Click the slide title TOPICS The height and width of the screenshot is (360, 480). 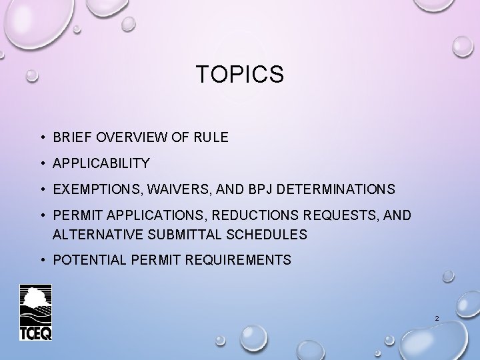tap(240, 75)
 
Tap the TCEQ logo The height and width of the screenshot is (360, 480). tap(35, 312)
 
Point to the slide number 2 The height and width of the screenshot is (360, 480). tap(436, 319)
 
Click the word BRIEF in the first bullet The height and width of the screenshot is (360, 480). tap(69, 137)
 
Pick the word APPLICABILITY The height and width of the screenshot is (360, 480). tap(101, 163)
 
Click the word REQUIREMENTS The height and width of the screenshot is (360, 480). tap(238, 260)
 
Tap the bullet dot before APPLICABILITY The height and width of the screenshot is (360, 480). tap(41, 163)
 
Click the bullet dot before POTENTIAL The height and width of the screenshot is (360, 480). tap(41, 260)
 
